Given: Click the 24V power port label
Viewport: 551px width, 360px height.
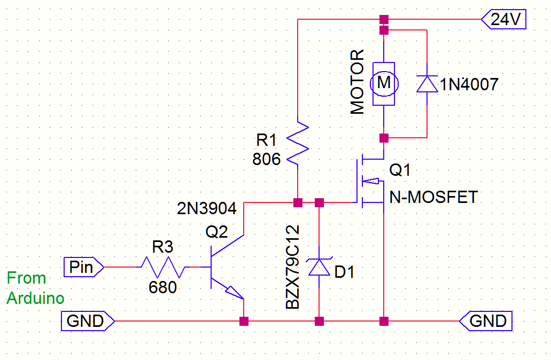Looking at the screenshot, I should pos(505,20).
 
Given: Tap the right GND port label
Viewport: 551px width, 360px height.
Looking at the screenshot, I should pos(487,321).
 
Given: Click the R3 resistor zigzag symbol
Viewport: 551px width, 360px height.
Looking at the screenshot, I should pos(163,267).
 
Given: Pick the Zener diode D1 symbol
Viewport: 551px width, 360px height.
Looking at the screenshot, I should pos(319,266).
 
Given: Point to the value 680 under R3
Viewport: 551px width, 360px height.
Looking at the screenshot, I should pos(163,287).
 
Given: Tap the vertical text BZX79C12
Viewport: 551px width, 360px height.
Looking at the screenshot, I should pos(292,267).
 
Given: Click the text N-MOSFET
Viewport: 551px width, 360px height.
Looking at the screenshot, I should pos(433,197).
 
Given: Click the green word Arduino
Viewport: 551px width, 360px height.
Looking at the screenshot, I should pos(35,298).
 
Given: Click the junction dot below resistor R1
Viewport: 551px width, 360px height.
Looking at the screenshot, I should pos(298,202).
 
